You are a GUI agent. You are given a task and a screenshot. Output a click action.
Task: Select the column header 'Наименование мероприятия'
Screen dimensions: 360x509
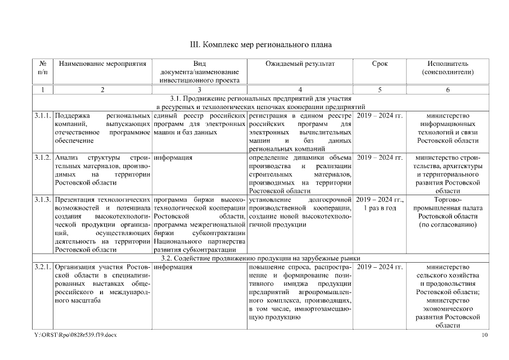click(x=102, y=64)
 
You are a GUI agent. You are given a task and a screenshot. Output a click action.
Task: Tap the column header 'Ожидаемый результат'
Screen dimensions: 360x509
click(x=300, y=64)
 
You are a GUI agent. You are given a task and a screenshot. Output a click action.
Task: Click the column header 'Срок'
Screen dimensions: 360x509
click(x=380, y=64)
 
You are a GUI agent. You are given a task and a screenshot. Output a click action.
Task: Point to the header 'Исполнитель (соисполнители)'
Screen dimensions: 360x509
click(x=447, y=67)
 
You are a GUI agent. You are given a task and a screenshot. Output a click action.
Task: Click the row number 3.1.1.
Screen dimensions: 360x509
click(x=42, y=116)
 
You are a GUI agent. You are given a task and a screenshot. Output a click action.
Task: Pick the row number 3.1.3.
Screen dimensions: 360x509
click(x=42, y=199)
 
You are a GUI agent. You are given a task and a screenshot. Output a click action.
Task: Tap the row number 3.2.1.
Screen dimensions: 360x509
click(x=42, y=267)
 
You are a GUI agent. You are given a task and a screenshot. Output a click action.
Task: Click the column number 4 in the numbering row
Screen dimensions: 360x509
click(x=300, y=89)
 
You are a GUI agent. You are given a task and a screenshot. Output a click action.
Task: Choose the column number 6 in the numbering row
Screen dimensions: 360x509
click(x=447, y=89)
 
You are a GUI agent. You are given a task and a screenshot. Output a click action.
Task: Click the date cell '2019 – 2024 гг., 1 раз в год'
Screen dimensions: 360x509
click(x=380, y=204)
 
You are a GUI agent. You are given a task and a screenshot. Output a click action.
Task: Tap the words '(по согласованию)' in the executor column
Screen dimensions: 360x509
click(x=447, y=224)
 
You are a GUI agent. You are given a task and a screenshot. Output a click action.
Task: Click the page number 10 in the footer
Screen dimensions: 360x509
click(x=485, y=335)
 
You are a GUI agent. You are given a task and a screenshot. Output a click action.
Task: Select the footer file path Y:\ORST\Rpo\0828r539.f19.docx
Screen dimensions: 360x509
click(x=75, y=335)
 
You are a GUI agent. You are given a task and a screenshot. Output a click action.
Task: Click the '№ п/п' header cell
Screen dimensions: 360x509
click(x=42, y=67)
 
